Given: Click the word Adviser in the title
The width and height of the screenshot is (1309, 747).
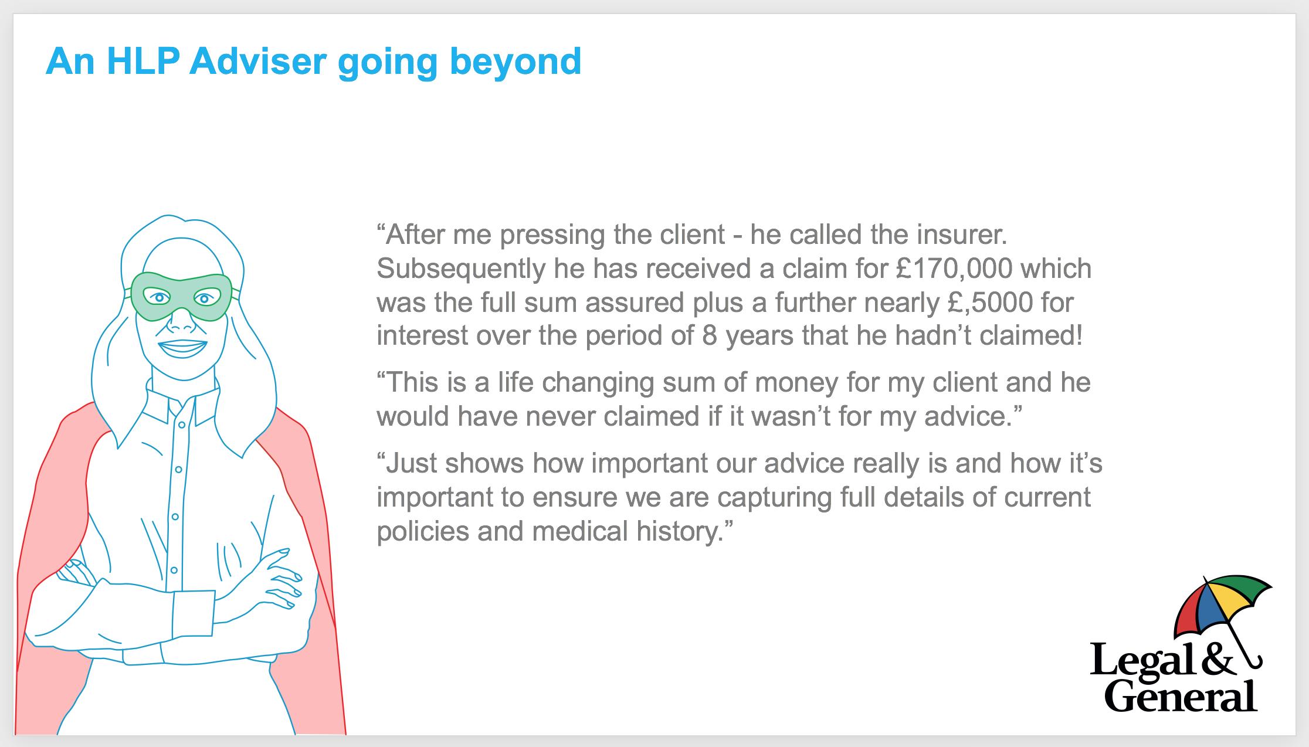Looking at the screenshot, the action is click(257, 61).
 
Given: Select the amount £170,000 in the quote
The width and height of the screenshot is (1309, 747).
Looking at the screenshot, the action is click(954, 269).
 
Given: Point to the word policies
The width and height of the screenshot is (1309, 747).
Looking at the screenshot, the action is click(422, 532).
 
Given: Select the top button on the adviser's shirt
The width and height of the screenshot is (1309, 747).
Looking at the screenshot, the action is click(182, 425).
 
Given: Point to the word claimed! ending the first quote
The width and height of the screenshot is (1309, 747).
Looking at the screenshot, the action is click(1031, 337).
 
